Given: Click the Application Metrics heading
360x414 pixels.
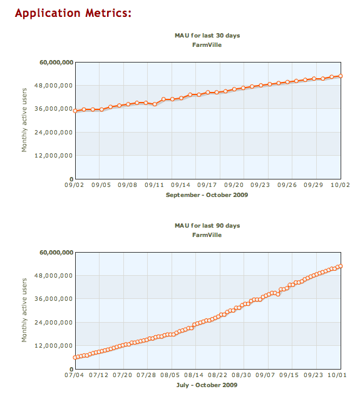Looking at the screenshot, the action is pos(73,13).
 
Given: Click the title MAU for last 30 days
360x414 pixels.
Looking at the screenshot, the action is pos(207,36).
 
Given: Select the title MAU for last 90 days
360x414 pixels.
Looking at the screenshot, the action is pos(207,226).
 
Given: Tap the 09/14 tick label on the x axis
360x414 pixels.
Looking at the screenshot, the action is pos(180,185).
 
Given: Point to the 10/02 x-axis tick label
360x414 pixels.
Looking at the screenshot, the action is pos(340,185).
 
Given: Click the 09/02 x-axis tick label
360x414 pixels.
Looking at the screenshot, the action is pos(75,185).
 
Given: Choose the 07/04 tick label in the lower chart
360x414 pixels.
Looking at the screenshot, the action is pos(75,375).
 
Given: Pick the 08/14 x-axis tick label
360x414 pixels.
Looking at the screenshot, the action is pos(193,375).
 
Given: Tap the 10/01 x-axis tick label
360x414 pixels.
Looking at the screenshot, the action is pos(337,375).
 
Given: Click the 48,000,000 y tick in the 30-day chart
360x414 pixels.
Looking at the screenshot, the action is pos(53,86).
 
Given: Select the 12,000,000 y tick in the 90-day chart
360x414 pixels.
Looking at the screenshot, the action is pos(53,346).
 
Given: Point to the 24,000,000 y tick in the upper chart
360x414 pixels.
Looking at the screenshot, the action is pos(53,133).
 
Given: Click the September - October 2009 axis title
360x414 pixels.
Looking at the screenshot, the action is pos(207,195).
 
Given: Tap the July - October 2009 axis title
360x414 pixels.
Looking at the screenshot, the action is pos(207,385).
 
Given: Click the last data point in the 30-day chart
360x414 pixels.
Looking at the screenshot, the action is pos(341,76).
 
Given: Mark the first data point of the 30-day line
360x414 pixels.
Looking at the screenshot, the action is pos(75,111).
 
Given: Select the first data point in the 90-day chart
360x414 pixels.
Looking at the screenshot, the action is pos(75,357).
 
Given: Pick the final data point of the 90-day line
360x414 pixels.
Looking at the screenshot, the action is pos(341,266).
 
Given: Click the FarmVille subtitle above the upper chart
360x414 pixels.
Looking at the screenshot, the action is pos(207,45).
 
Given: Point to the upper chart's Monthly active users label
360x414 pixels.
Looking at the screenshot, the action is pos(24,120).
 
